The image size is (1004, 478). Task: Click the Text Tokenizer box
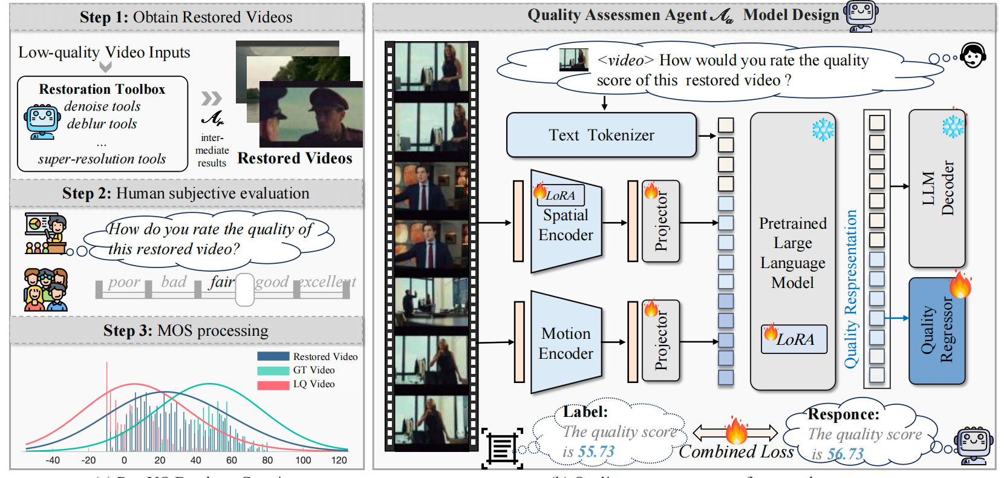pos(601,135)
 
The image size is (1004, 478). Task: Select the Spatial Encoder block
pos(566,224)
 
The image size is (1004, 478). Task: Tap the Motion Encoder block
pos(566,343)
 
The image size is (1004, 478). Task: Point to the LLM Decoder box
pos(937,188)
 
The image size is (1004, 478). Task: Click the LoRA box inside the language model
pos(794,339)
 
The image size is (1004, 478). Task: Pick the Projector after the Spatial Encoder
pos(660,221)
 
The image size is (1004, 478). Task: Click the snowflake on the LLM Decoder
pos(953,126)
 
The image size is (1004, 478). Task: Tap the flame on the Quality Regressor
pos(960,284)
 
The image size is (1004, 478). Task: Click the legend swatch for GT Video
pos(273,370)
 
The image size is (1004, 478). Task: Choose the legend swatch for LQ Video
pos(273,384)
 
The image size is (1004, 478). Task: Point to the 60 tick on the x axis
pos(232,460)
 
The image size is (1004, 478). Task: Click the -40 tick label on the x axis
pos(53,460)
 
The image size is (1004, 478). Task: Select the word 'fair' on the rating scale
pos(221,282)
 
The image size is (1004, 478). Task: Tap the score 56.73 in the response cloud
pos(846,454)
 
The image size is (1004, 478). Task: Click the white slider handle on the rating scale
pos(245,289)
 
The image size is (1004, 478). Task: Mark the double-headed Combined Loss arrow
pos(735,432)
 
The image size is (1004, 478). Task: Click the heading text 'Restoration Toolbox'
pos(102,89)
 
